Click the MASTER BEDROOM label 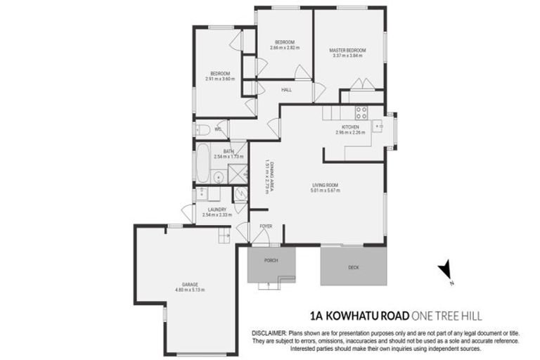349,50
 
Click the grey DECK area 353,267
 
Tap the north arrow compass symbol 444,270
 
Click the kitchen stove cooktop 361,110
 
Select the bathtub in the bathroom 202,162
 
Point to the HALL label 287,90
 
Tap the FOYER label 266,226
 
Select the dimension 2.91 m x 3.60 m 219,79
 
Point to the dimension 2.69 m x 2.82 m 285,48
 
